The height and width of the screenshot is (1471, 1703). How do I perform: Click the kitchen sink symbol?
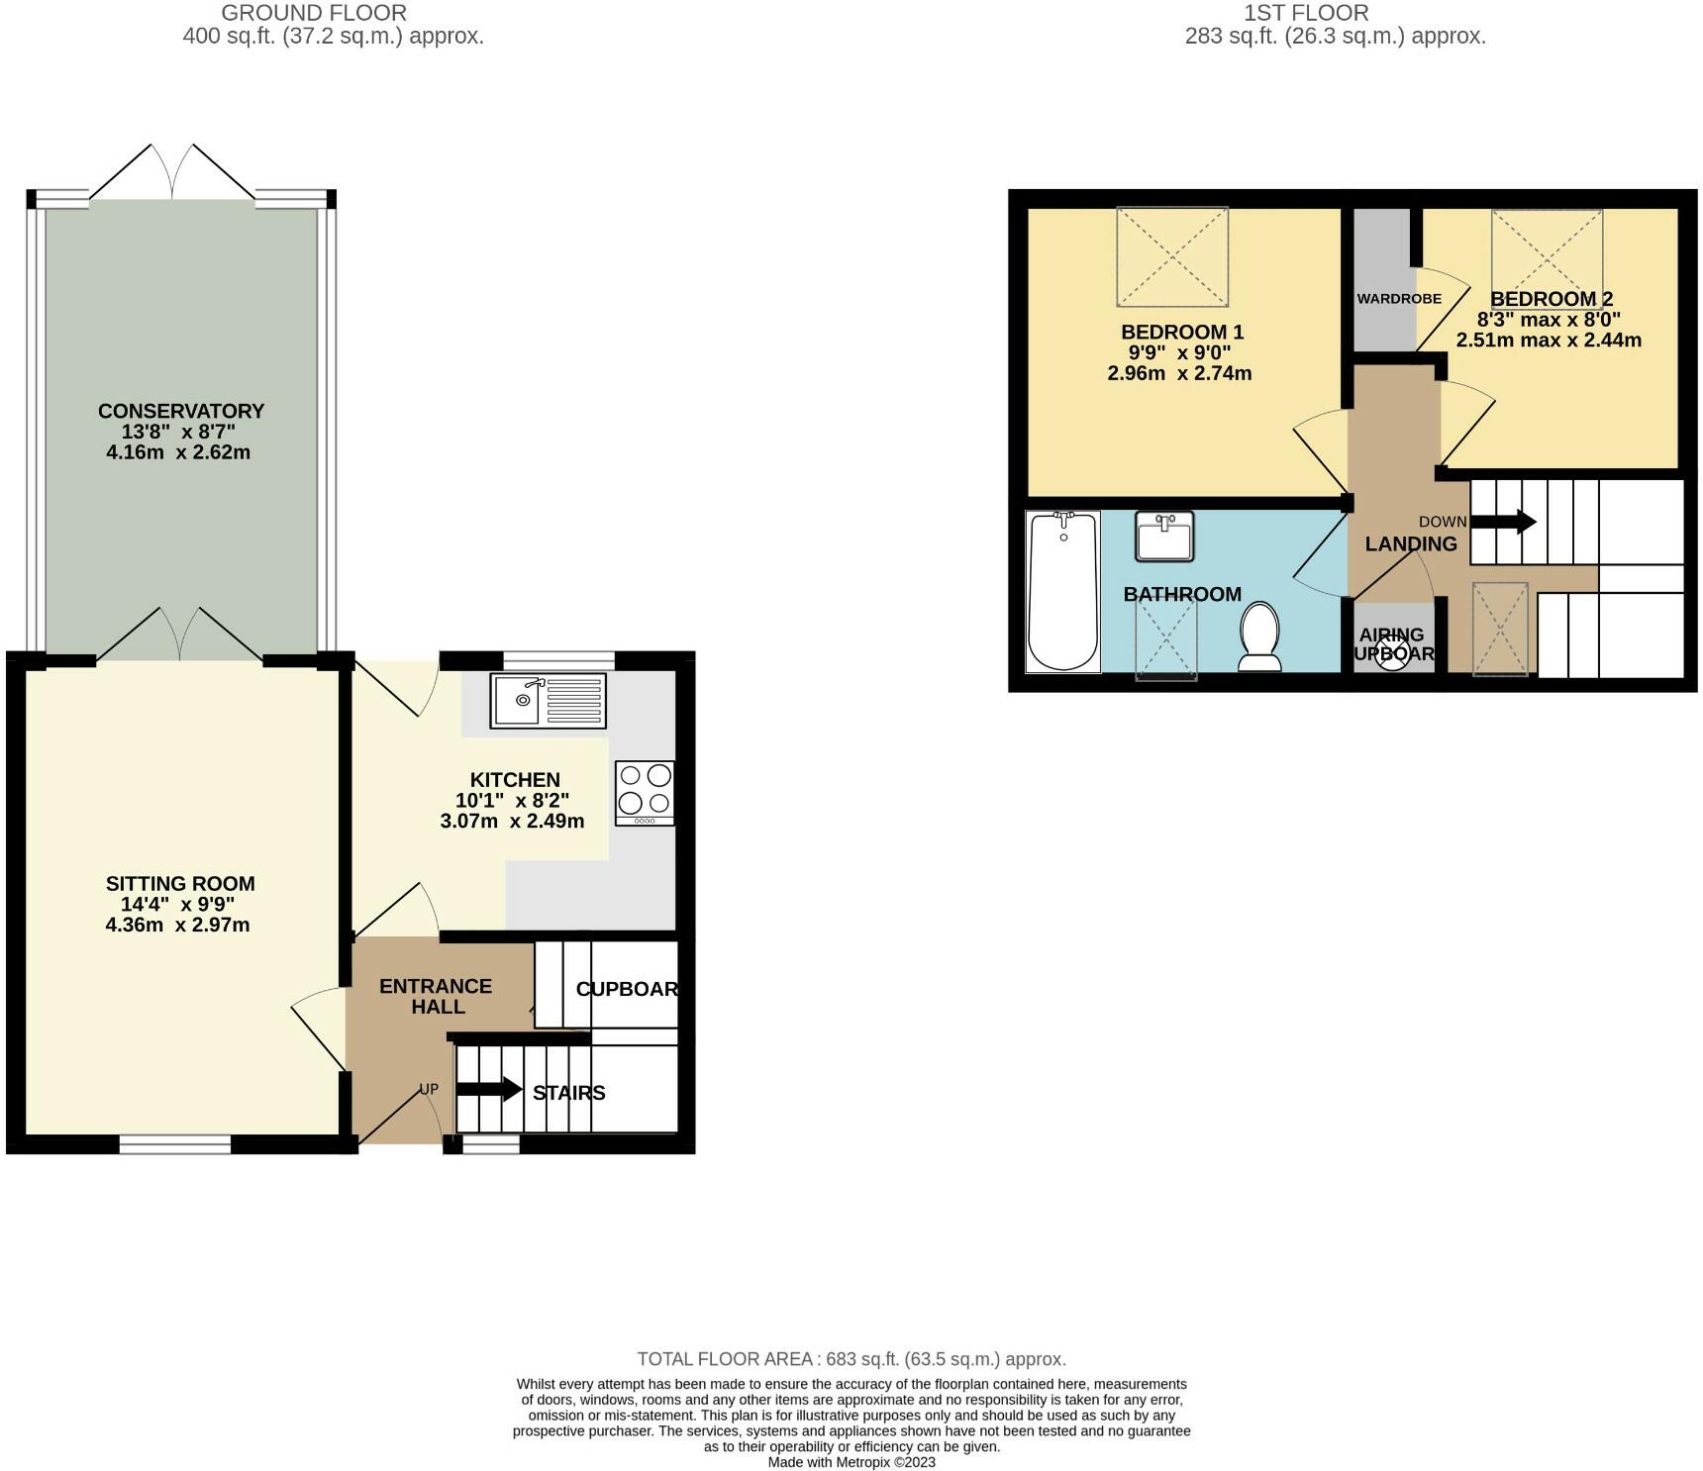(548, 701)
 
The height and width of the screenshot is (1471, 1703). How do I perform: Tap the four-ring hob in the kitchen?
(645, 792)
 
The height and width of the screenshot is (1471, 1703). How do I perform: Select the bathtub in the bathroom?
(1063, 591)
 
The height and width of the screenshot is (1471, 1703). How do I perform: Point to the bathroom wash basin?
(1164, 537)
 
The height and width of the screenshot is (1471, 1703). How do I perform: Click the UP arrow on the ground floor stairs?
(489, 1090)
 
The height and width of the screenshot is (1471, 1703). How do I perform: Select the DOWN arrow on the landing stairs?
(1503, 522)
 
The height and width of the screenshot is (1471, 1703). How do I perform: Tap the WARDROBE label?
(1398, 298)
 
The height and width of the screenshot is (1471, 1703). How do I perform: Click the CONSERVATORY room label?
(181, 411)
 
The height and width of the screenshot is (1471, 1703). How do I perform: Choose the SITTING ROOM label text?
(180, 883)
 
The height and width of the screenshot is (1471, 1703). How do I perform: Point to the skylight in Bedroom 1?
(1172, 256)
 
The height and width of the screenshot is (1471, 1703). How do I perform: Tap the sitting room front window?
(175, 1144)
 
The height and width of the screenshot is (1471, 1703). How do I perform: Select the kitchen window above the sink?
(559, 659)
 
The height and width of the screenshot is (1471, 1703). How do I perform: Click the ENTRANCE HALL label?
(436, 996)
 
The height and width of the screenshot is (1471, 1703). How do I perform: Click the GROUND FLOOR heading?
(313, 13)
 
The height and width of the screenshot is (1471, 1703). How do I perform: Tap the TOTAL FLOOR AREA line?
(851, 1359)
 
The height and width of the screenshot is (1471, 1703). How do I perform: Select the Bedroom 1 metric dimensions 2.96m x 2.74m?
(1179, 373)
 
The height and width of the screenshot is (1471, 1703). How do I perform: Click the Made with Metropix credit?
(851, 1462)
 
